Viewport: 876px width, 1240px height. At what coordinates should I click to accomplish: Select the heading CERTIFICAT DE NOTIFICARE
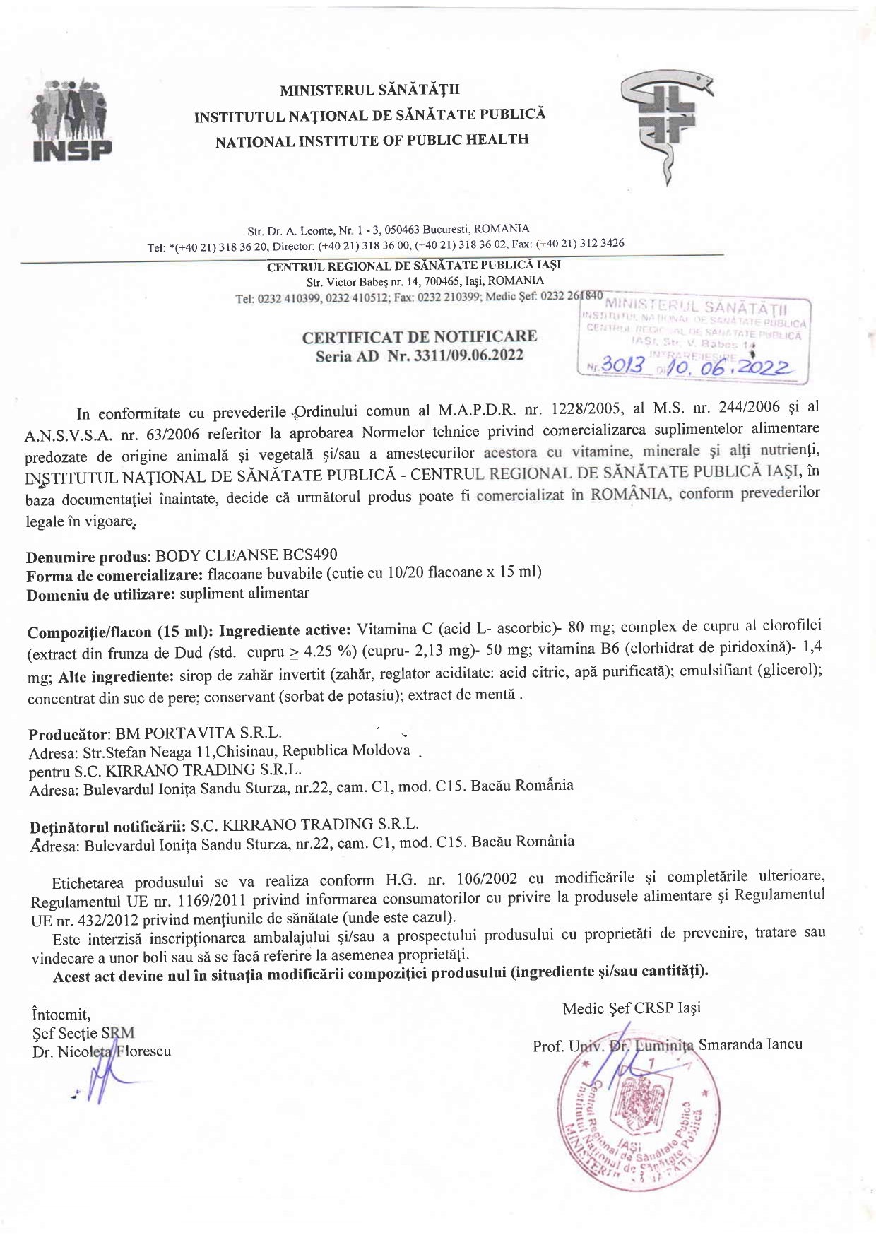pos(419,337)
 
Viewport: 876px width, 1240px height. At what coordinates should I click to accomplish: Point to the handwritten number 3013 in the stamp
pos(622,365)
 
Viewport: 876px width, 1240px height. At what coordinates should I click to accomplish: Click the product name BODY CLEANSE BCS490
pos(246,555)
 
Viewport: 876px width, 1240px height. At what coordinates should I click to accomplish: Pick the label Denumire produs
pos(88,557)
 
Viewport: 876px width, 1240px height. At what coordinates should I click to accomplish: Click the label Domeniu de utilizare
pos(100,595)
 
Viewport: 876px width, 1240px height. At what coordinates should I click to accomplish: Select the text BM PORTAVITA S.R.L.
pos(199,733)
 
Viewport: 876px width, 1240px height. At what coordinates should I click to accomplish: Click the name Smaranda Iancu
pos(750,1044)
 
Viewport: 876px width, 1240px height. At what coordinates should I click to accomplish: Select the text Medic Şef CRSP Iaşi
pos(632,1008)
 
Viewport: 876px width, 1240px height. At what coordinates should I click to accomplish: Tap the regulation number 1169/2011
pos(212,900)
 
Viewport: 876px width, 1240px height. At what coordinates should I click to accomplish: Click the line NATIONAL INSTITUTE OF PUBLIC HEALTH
pos(372,141)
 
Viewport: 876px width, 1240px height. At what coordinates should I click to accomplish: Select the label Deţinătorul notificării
pos(107,827)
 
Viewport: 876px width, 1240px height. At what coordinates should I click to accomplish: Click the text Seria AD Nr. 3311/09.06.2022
pos(419,356)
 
